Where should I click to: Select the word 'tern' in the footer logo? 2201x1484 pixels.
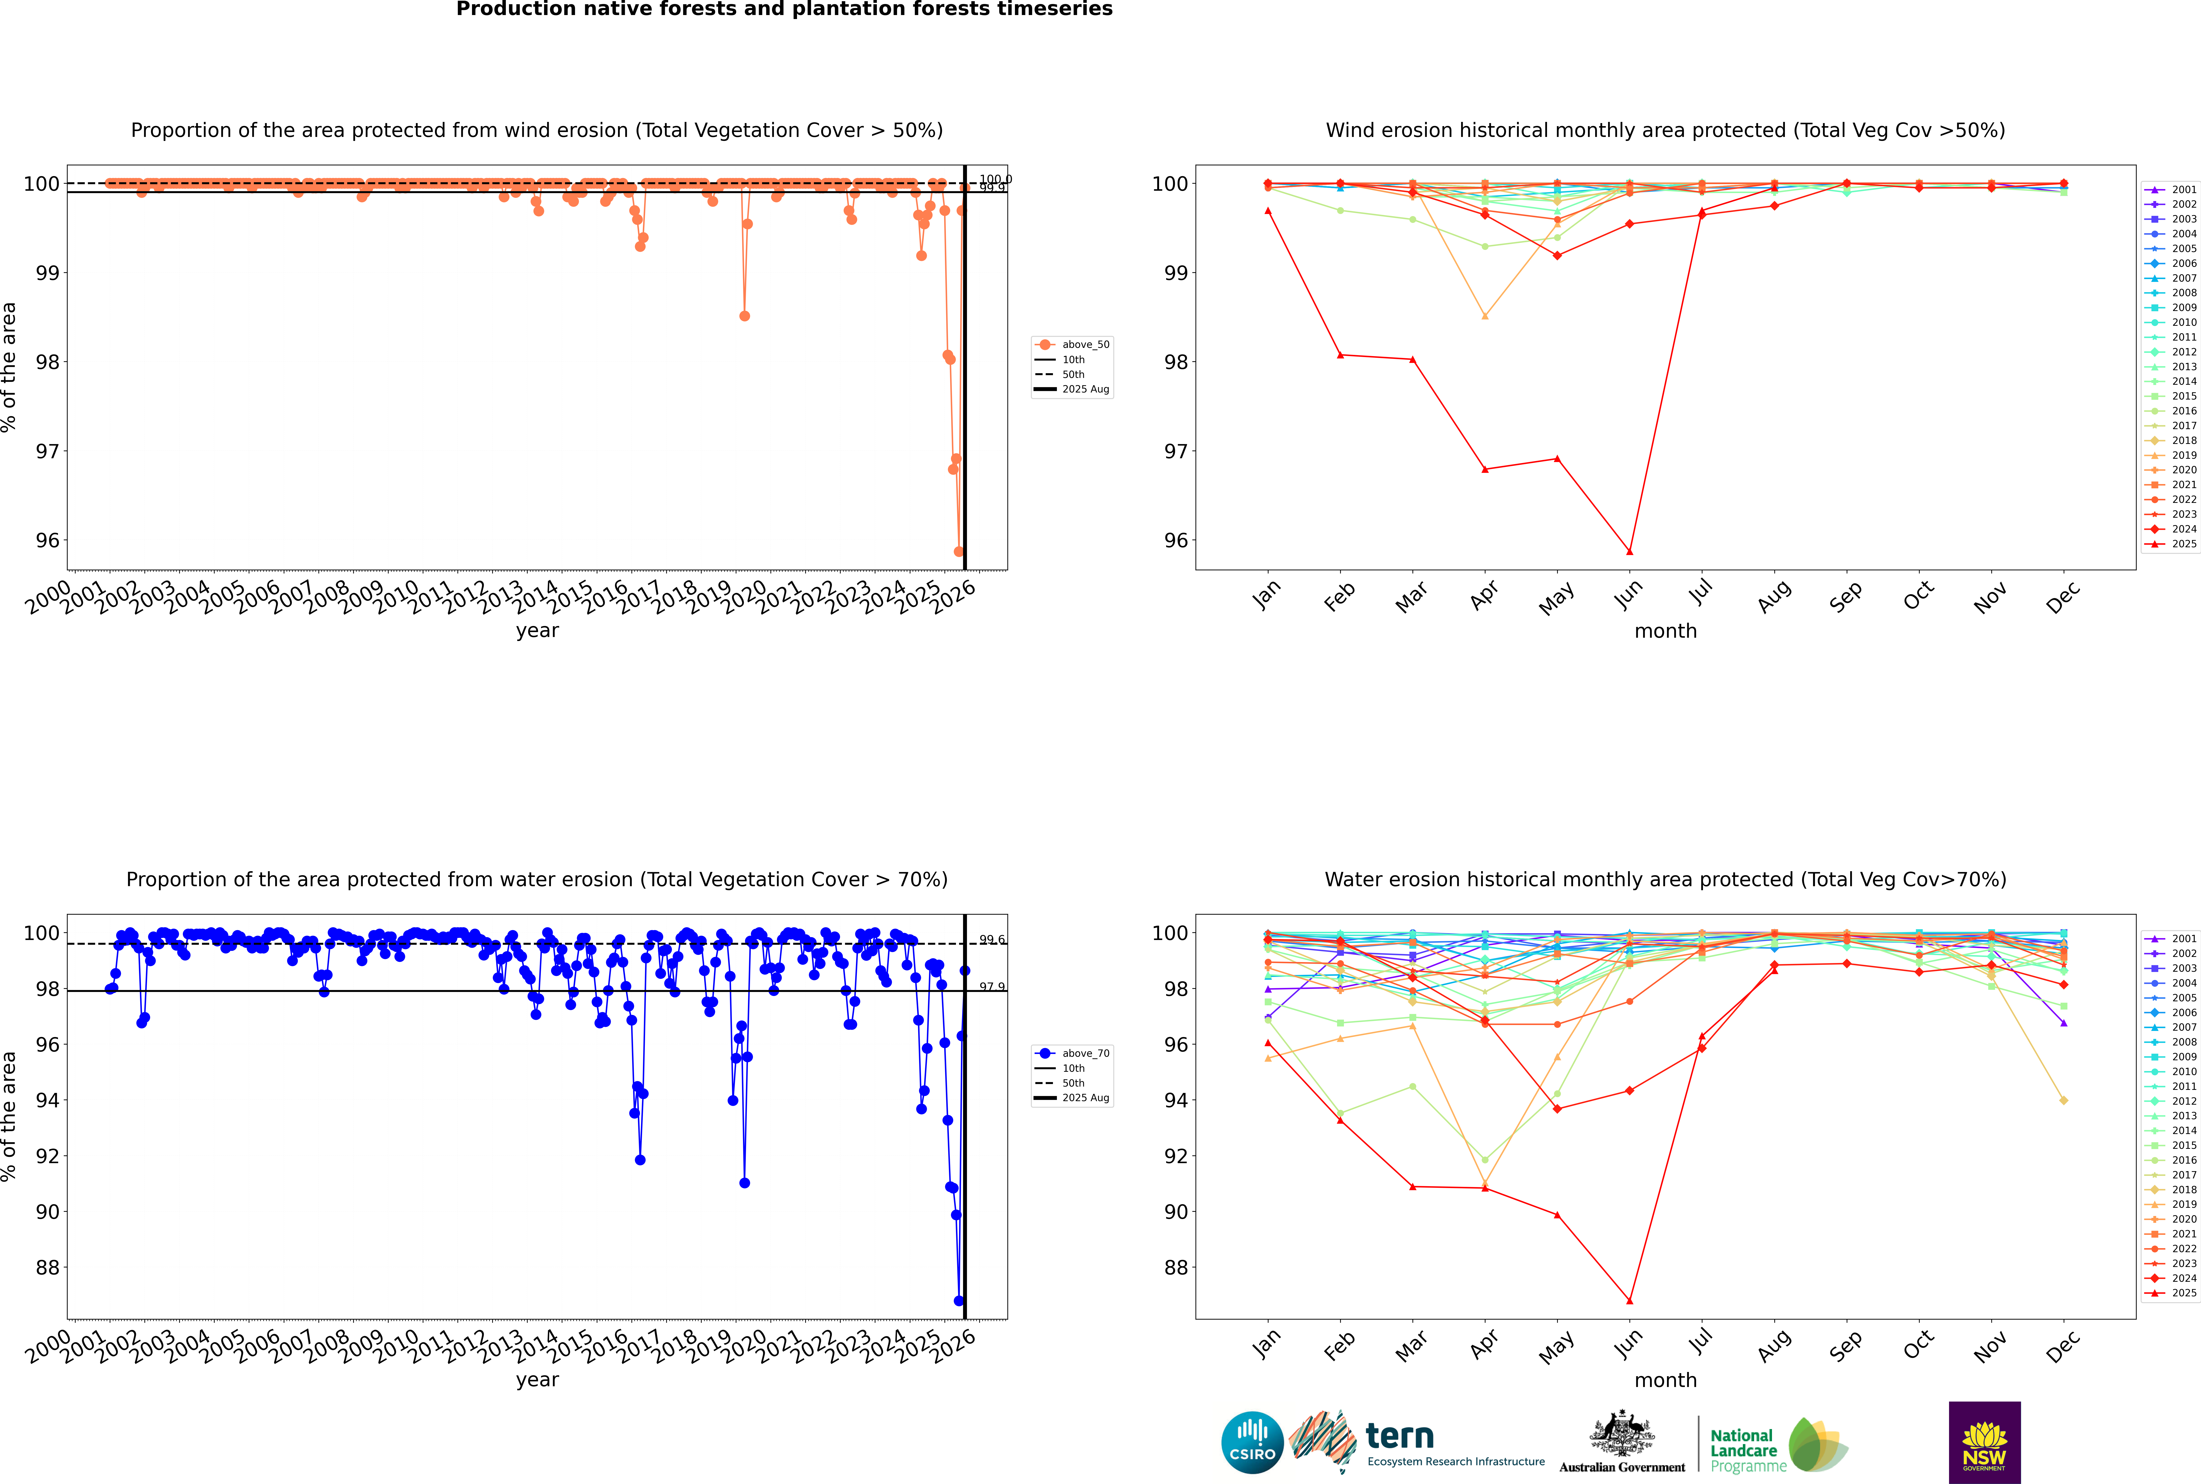click(x=1400, y=1437)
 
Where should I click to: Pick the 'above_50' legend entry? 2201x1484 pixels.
click(x=1084, y=345)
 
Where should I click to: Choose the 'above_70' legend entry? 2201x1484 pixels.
click(x=1084, y=1053)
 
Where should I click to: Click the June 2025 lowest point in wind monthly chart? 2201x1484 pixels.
click(x=1629, y=552)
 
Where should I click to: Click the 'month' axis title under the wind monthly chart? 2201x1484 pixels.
click(x=1665, y=631)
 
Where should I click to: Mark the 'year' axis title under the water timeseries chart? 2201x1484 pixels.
click(x=538, y=1380)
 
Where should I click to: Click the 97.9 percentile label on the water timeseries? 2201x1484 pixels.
click(x=992, y=987)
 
